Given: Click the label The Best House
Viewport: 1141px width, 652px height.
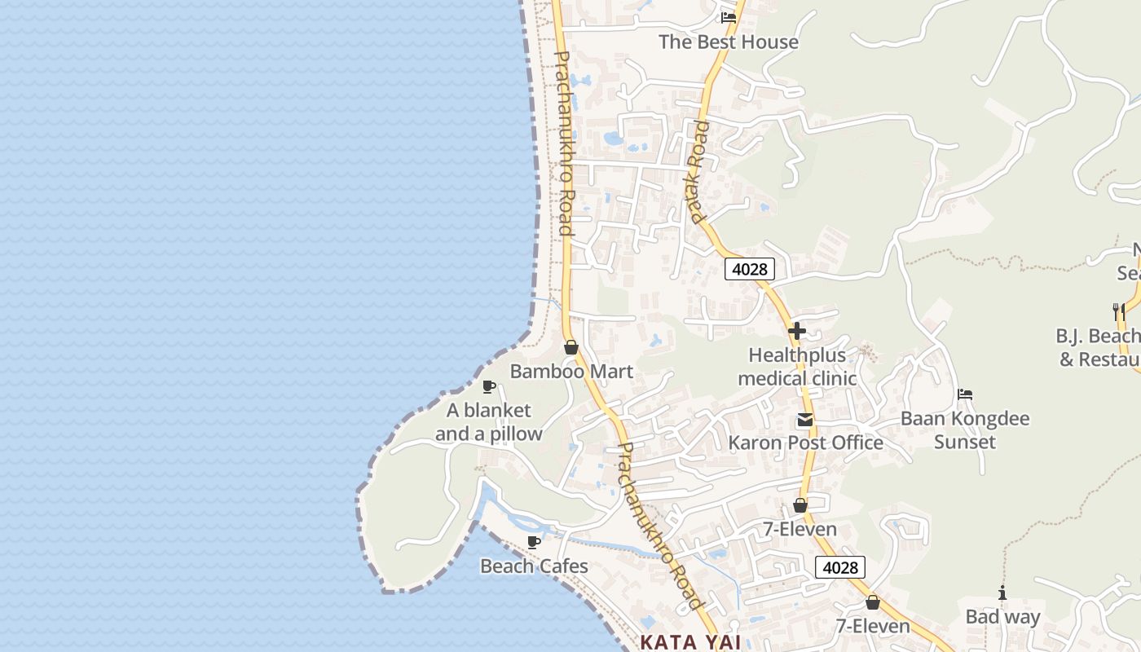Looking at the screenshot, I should tap(728, 42).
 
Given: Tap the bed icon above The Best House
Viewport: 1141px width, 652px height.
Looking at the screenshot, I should tap(729, 17).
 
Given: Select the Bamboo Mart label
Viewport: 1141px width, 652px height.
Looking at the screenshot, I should tap(571, 372).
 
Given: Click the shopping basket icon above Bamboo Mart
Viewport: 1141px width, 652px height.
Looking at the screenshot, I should tap(571, 347).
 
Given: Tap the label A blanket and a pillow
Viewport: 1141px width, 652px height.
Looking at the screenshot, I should tap(488, 422).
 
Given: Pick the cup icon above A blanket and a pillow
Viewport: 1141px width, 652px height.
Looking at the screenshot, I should tap(489, 386).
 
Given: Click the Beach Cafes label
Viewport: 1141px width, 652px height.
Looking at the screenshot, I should tap(534, 566).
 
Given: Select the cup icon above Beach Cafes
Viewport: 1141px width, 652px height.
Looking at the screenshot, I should tap(534, 542).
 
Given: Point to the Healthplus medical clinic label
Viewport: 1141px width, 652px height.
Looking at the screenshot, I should tap(797, 367).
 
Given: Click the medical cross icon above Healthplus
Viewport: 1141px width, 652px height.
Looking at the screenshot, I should tap(797, 331).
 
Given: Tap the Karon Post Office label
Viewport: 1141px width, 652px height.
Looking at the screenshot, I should tap(805, 443).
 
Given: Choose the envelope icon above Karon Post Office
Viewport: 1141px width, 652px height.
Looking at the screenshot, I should tap(805, 420).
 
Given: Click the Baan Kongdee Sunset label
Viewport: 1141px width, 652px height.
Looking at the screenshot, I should tap(965, 430).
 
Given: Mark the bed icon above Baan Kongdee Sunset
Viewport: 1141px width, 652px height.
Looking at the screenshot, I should tap(965, 394).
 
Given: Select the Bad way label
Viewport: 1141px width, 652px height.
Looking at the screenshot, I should tap(1002, 617).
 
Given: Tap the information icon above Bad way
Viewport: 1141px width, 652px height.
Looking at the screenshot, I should tap(1002, 593).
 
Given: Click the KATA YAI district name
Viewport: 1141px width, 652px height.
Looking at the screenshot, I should tap(690, 642).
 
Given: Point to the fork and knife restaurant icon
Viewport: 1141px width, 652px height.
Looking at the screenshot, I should tap(1118, 311).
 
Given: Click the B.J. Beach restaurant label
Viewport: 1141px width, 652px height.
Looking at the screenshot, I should tap(1099, 347).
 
